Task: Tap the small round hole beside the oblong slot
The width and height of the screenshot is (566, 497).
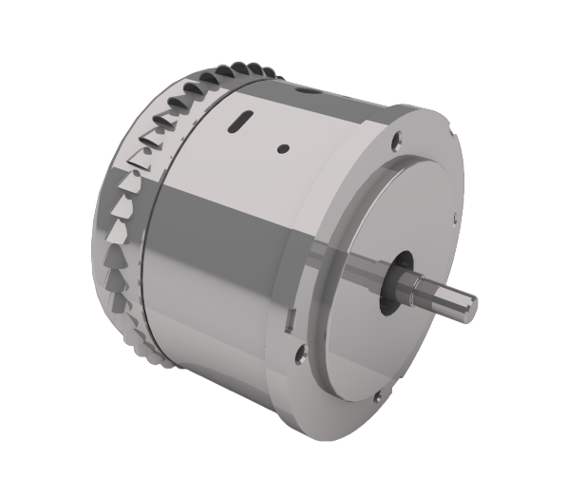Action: coord(282,147)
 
